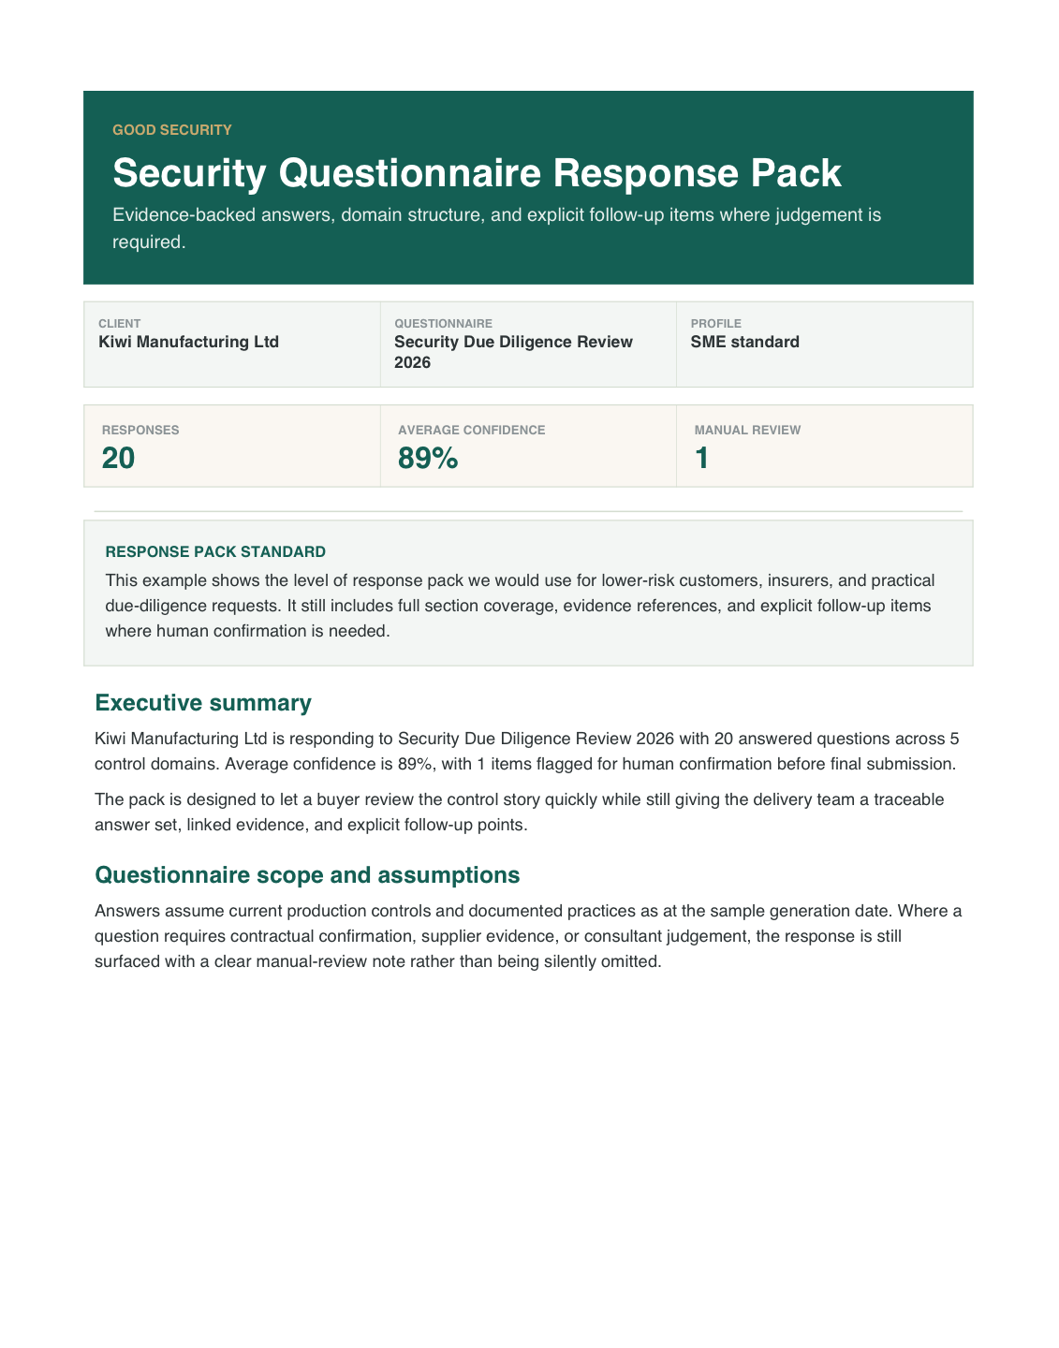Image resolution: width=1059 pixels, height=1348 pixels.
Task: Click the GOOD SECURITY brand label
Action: pos(171,130)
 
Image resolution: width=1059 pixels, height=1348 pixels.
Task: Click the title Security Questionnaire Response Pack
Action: pos(477,174)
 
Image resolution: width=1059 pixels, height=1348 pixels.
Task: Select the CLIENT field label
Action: pos(119,324)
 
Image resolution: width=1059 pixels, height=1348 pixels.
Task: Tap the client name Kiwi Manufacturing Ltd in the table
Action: pos(188,342)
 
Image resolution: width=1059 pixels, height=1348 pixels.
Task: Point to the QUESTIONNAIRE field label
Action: pos(443,324)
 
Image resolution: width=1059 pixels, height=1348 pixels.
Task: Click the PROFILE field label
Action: pos(715,324)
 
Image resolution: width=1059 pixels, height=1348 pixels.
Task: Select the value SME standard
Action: pos(744,342)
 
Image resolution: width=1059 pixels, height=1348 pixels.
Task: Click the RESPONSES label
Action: pos(140,431)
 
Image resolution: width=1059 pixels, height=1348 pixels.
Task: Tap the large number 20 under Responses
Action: pos(118,459)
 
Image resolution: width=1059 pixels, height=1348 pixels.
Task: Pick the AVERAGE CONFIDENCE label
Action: pos(471,431)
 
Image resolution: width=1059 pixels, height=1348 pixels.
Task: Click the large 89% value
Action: pos(427,459)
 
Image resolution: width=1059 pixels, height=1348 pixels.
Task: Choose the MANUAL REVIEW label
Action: pos(747,431)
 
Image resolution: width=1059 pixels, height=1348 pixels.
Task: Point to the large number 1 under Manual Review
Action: pos(701,459)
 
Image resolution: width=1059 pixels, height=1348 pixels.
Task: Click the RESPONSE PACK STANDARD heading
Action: pos(215,552)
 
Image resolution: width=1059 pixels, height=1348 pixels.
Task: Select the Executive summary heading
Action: pos(203,703)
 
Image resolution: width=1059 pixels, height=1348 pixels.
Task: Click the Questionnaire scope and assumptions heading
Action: pos(307,875)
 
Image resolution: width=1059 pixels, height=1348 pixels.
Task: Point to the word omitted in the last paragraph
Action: pos(633,961)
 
